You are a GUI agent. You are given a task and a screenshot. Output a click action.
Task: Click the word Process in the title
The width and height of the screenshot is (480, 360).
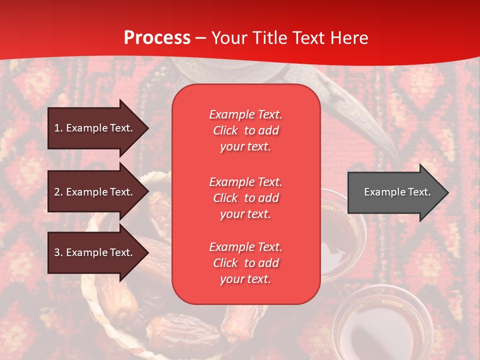[x=157, y=38]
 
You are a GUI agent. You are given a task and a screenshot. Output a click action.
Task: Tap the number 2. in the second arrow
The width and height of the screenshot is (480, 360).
[x=58, y=192]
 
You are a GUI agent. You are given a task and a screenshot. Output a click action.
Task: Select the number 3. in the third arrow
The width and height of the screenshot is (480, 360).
[x=58, y=252]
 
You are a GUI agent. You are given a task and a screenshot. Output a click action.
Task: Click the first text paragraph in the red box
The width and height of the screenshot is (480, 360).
[x=245, y=130]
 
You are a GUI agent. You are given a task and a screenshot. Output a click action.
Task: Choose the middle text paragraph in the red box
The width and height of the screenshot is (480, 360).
[x=245, y=198]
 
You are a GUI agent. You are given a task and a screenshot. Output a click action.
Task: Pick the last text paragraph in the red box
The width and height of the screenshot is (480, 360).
[x=245, y=263]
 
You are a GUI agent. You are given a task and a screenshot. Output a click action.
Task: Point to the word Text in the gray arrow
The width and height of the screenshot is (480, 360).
[x=419, y=192]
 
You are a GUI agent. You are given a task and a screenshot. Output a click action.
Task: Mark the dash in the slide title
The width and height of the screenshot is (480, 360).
[x=200, y=38]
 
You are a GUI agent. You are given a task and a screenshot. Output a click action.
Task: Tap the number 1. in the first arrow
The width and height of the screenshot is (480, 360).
[x=58, y=128]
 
